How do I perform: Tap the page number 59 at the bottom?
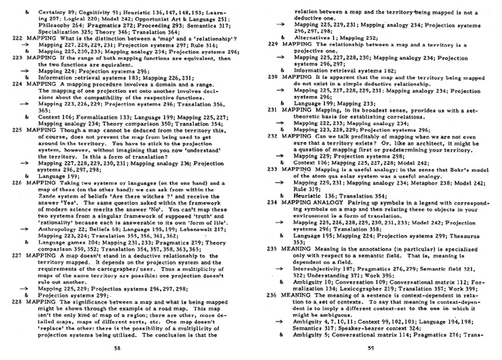[x=376, y=347]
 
